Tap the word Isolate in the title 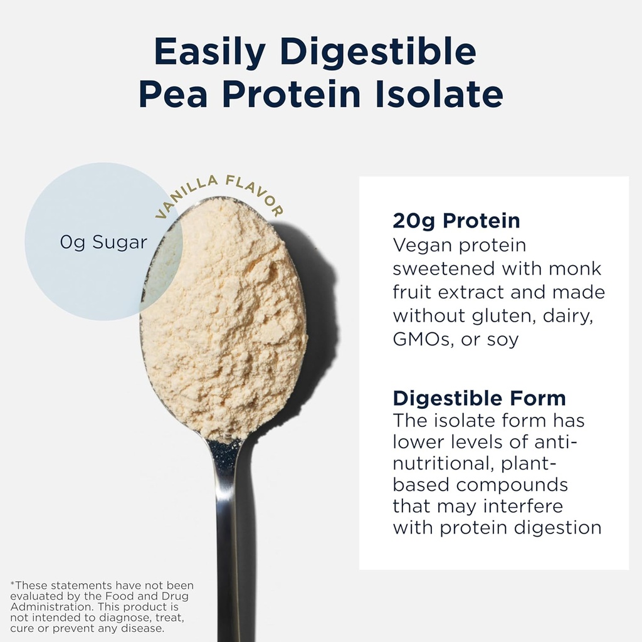[437, 94]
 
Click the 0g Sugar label [103, 243]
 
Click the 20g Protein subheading [456, 221]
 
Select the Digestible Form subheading [479, 398]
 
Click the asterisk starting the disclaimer [12, 584]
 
